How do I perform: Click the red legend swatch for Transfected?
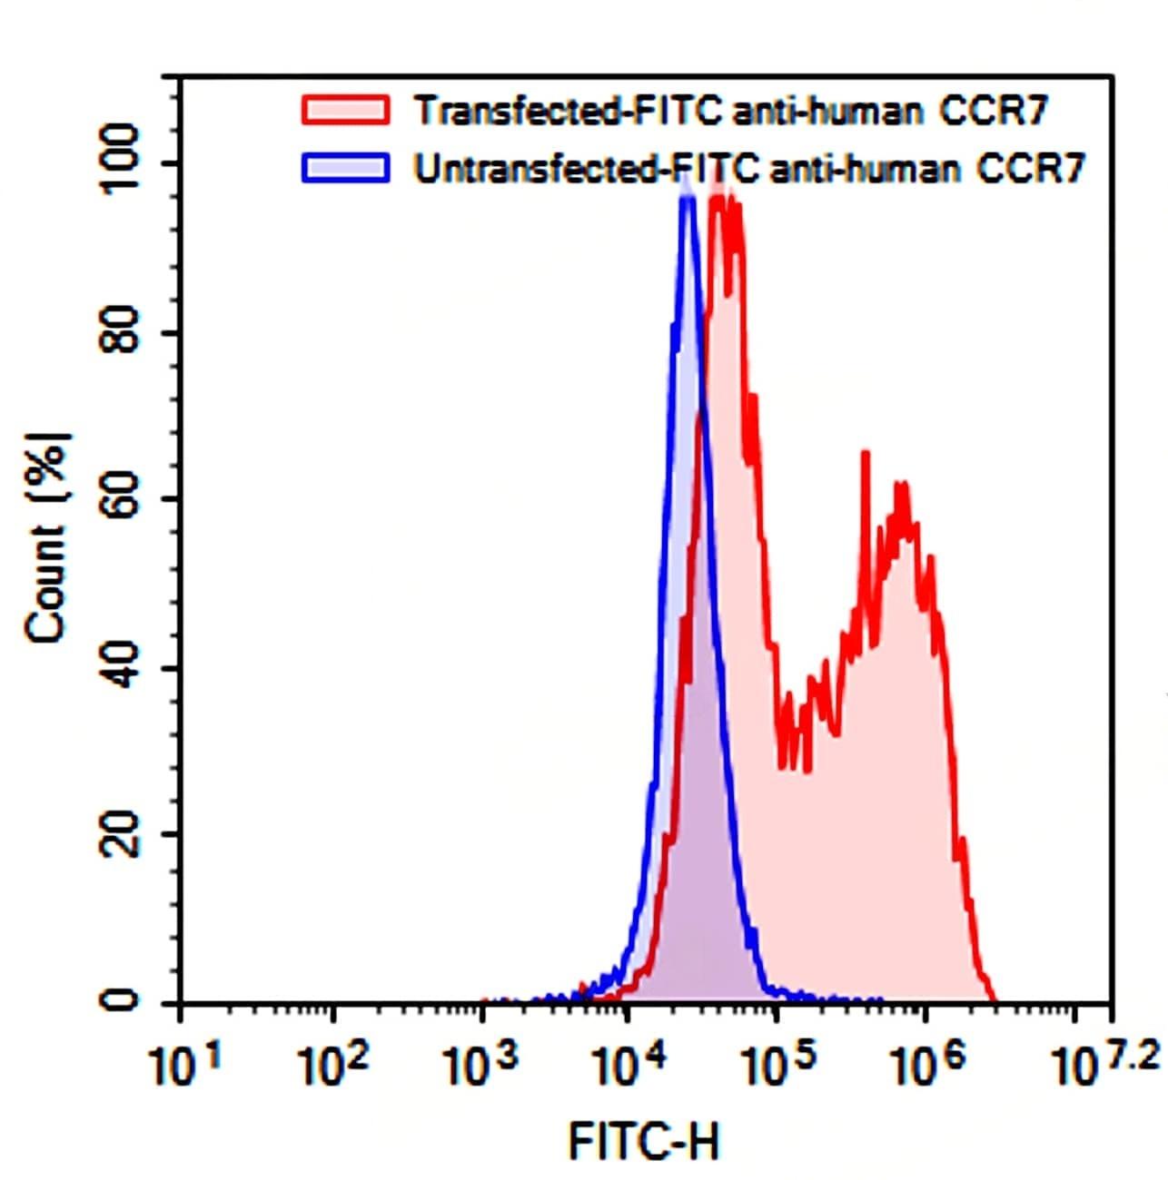tap(345, 110)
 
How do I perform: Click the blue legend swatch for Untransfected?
tap(345, 169)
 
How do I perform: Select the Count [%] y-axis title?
tap(47, 537)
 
